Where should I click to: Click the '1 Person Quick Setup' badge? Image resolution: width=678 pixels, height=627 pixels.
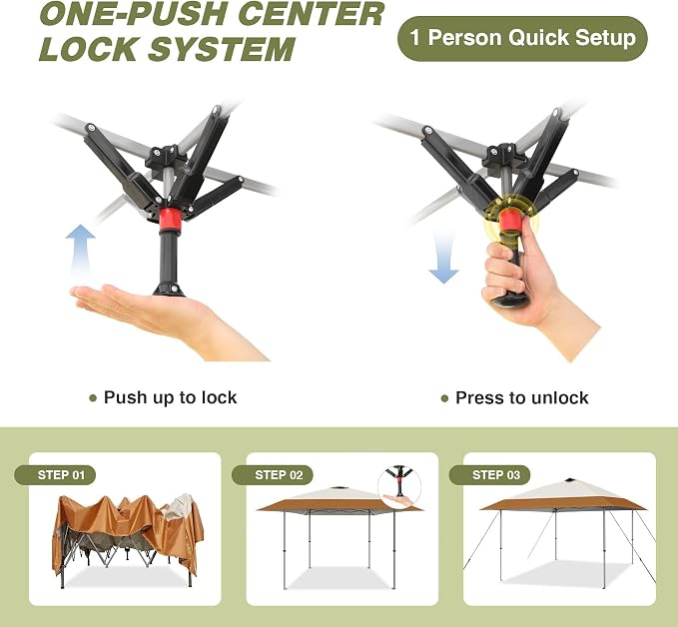(522, 38)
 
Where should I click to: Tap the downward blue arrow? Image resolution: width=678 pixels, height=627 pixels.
(443, 258)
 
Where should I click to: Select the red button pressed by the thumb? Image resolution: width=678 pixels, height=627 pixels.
(510, 220)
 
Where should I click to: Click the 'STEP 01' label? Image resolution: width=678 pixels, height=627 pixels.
(55, 475)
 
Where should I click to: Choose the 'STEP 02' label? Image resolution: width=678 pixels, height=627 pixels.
(273, 475)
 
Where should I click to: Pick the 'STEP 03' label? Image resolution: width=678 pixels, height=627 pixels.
(490, 475)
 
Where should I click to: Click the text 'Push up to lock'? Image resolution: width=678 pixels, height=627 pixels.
(171, 397)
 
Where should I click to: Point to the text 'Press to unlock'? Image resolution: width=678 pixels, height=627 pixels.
(522, 397)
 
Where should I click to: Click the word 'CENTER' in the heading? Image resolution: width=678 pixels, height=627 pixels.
(311, 14)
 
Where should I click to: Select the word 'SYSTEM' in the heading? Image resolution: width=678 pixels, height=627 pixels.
(222, 49)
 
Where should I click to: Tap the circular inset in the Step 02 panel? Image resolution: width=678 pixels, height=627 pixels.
(399, 487)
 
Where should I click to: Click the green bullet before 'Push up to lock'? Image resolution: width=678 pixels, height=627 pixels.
(93, 398)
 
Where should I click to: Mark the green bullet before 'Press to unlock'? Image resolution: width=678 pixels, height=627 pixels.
(444, 398)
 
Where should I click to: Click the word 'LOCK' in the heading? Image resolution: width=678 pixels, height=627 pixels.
(89, 49)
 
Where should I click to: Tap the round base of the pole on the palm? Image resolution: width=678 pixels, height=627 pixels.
(169, 290)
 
